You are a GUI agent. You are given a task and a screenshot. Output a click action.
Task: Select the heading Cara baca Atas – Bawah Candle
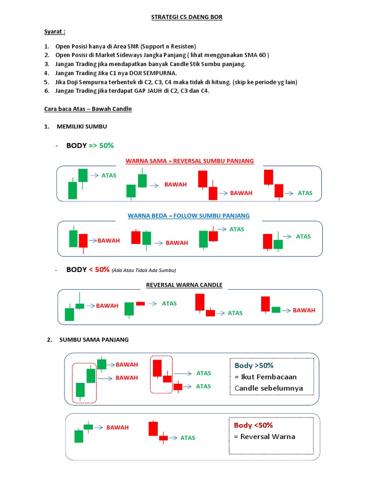(x=88, y=109)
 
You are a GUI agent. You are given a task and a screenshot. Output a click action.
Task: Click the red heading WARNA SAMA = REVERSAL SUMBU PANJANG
(x=189, y=161)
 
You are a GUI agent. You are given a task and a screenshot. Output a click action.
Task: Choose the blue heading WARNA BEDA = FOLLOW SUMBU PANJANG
(x=188, y=215)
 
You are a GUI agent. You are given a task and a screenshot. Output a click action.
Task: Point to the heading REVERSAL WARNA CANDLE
(x=183, y=285)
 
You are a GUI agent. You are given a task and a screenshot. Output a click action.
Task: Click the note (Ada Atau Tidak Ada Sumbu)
(x=144, y=271)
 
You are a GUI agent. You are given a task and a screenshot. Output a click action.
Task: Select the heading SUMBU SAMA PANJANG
(x=94, y=340)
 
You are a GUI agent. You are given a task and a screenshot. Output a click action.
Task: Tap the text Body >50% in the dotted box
(x=254, y=365)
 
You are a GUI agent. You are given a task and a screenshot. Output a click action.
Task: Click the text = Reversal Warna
(x=264, y=437)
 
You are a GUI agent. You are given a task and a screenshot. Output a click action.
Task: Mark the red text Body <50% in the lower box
(x=253, y=425)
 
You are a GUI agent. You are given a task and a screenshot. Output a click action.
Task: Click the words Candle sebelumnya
(x=268, y=388)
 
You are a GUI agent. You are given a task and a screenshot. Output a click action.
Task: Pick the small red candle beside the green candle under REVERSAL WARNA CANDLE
(x=140, y=303)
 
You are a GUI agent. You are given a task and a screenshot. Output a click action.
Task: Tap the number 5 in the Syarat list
(x=46, y=82)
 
